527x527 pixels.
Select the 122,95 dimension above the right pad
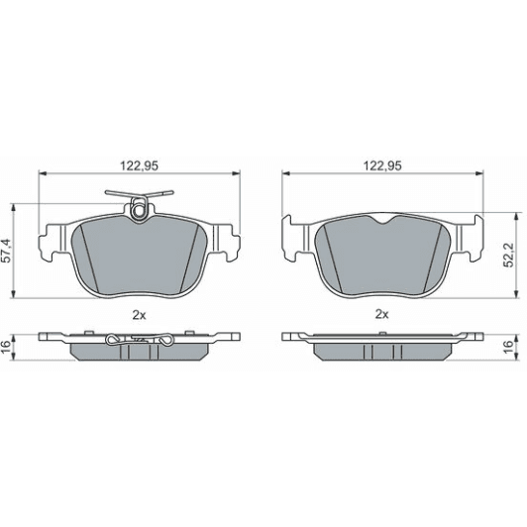pyautogui.click(x=380, y=165)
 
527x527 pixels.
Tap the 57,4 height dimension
pyautogui.click(x=7, y=249)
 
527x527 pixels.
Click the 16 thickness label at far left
pyautogui.click(x=7, y=346)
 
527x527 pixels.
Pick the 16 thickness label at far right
pyautogui.click(x=509, y=346)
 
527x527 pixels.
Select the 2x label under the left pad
pyautogui.click(x=138, y=315)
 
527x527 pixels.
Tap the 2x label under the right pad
pyautogui.click(x=380, y=315)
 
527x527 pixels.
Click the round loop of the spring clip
pyautogui.click(x=139, y=207)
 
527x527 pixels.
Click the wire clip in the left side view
pyautogui.click(x=139, y=342)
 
